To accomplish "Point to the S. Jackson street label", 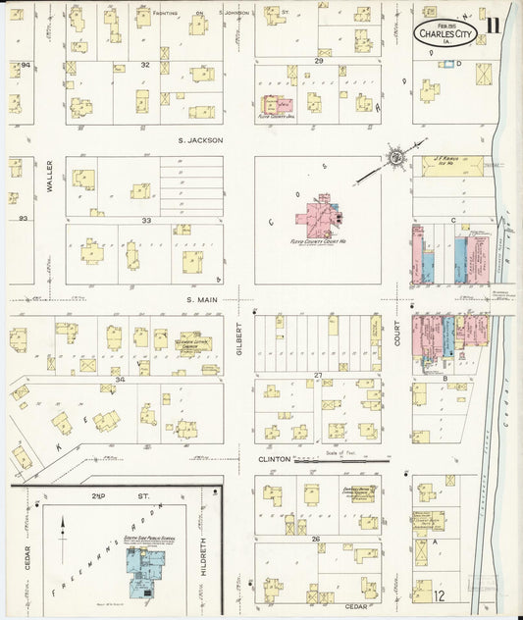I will pyautogui.click(x=201, y=140).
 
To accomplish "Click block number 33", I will pyautogui.click(x=145, y=221).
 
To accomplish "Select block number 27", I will pyautogui.click(x=318, y=375).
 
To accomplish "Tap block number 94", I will pyautogui.click(x=26, y=65).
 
